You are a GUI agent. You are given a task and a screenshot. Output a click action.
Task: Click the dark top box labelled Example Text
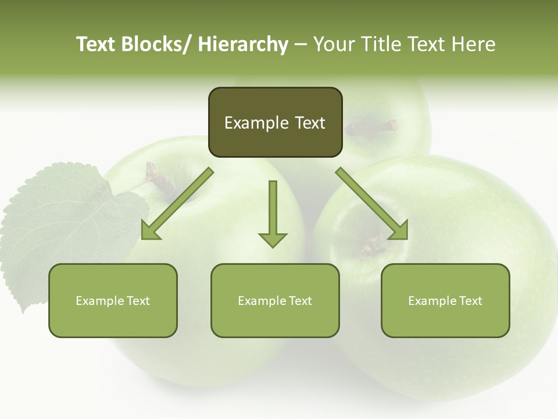point(275,122)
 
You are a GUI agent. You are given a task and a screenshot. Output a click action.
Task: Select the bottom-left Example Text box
point(113,300)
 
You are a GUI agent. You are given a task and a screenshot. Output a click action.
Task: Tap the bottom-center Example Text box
point(275,300)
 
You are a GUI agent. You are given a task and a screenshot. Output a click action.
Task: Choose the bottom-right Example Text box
point(445,300)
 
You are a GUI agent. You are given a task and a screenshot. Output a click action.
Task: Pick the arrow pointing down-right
point(372,204)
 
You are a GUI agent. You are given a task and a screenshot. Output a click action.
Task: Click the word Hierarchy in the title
point(243,44)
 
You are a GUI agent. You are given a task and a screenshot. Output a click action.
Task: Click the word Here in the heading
point(473,44)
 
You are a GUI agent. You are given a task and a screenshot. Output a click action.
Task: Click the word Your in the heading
point(332,44)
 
